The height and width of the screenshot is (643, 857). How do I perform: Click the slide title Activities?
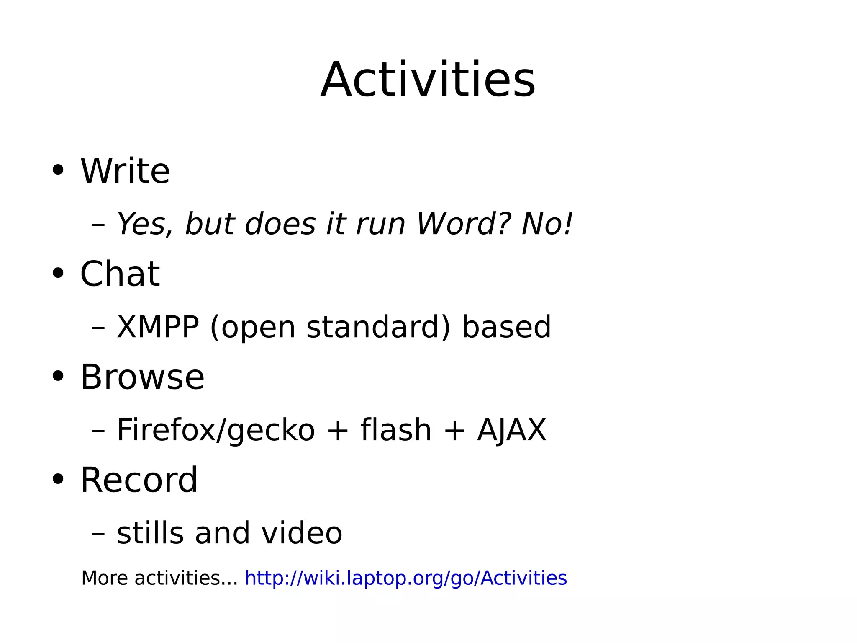click(428, 80)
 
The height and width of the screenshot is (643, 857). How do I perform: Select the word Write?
click(125, 171)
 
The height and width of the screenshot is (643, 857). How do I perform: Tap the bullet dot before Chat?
click(58, 273)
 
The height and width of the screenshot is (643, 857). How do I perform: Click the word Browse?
click(142, 377)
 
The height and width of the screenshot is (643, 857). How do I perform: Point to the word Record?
click(139, 480)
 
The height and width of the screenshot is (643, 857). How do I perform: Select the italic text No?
click(547, 224)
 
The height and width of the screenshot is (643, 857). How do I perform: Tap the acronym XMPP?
click(158, 327)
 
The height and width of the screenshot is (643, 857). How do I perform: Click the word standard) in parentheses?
click(378, 327)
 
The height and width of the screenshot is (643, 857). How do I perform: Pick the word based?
click(506, 327)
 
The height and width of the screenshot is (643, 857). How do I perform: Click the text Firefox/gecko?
click(216, 430)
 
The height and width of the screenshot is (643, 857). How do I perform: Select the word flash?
click(396, 430)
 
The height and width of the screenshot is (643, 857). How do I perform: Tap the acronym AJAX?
click(511, 430)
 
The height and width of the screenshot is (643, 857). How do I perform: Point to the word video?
click(302, 533)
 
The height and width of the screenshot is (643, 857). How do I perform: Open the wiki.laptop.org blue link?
click(405, 578)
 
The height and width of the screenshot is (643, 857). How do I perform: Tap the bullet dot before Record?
click(58, 479)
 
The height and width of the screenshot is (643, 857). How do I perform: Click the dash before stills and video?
click(98, 534)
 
